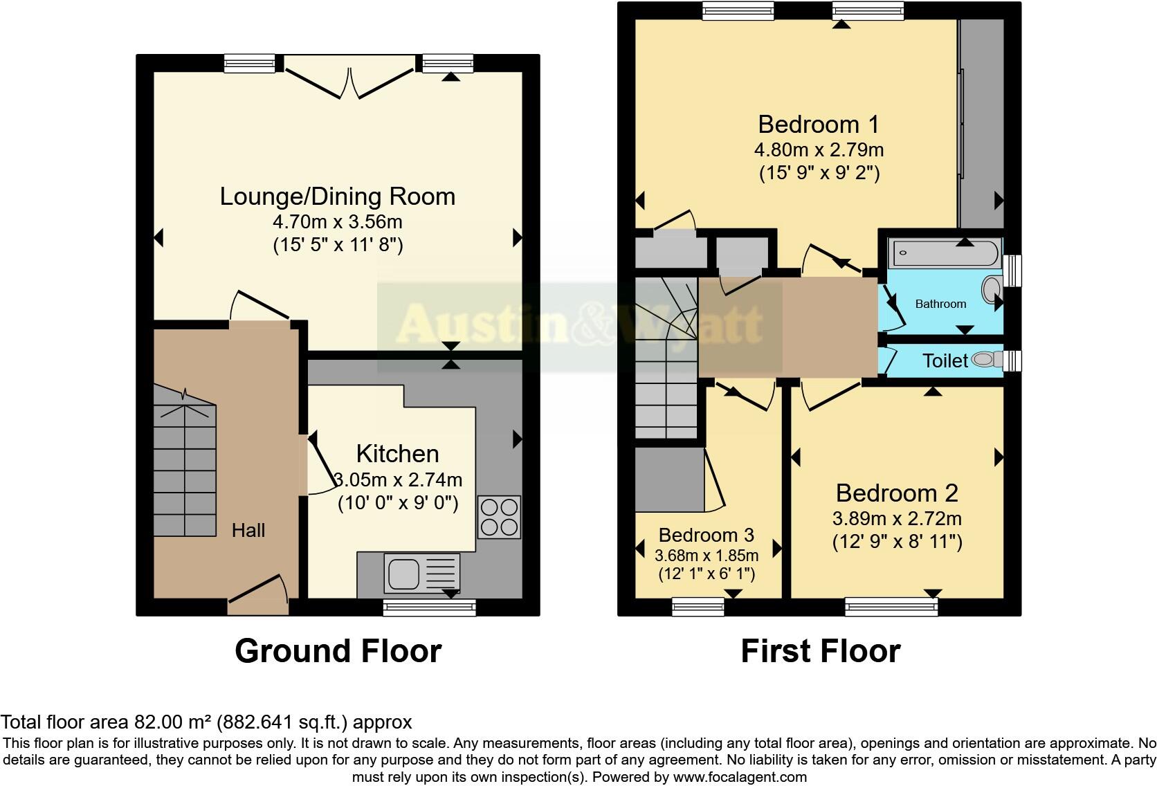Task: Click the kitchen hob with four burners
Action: [x=499, y=517]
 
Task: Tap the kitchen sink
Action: [x=421, y=573]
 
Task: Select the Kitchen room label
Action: [x=397, y=454]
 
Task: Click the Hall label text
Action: [x=248, y=531]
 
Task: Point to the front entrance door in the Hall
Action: [x=258, y=593]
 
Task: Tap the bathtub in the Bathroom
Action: [x=945, y=253]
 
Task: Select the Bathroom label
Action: [x=940, y=304]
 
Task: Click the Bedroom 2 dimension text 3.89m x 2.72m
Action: [x=897, y=519]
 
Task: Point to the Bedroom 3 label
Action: [x=706, y=535]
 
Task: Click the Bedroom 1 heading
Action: [x=819, y=125]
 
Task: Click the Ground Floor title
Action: [x=338, y=651]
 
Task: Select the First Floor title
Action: [x=820, y=651]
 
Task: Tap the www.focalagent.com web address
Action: [x=739, y=777]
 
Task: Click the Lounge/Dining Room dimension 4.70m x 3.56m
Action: [x=338, y=222]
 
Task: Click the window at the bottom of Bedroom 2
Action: [x=891, y=607]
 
